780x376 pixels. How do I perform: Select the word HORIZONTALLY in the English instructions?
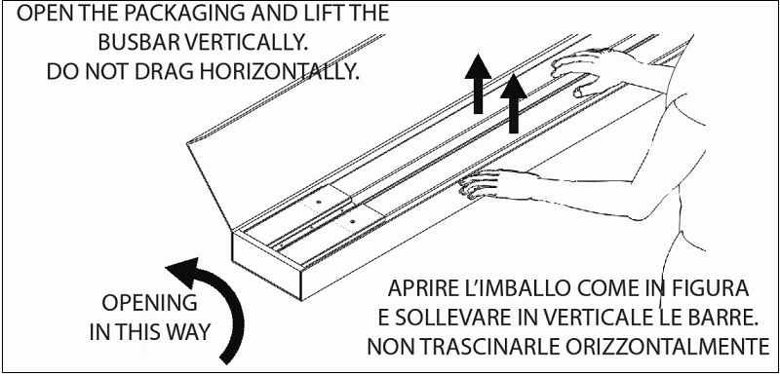point(279,72)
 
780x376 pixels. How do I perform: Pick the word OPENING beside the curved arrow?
point(149,302)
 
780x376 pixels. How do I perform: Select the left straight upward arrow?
point(478,84)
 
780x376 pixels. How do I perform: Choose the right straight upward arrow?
point(514,103)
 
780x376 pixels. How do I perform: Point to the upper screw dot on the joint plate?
point(319,202)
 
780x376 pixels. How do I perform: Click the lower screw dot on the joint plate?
point(352,221)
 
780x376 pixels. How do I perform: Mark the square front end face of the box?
point(267,265)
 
